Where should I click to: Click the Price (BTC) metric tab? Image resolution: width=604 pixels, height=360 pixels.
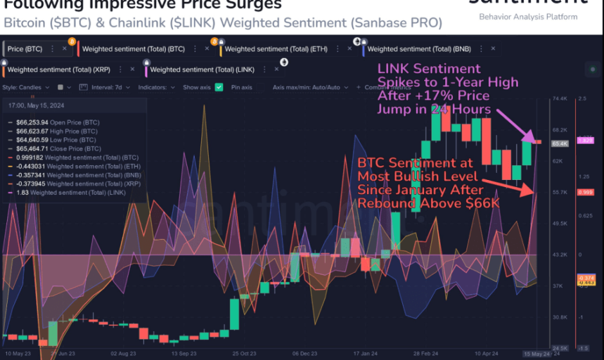[x=26, y=49]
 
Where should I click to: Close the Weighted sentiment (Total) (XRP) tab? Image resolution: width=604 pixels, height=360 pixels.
[x=132, y=69]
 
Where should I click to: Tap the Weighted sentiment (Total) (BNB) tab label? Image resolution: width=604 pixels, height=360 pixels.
[x=416, y=49]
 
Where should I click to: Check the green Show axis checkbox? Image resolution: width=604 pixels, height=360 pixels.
[x=219, y=87]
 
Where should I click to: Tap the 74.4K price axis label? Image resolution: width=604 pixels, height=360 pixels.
[x=559, y=99]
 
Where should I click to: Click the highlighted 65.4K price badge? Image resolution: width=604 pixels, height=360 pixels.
[x=559, y=143]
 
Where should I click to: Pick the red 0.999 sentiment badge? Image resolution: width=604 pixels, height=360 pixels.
[x=585, y=192]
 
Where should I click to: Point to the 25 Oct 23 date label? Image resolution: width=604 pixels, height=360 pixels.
[x=244, y=353]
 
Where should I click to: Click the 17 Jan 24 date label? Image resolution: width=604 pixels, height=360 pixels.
[x=366, y=353]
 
